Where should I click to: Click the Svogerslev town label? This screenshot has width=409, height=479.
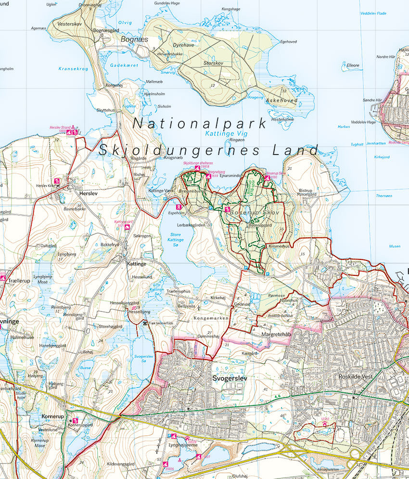point(230,378)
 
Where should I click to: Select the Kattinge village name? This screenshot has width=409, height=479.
point(136,264)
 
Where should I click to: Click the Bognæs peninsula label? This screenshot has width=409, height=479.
point(134,39)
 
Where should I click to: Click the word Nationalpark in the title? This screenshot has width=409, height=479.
point(199,123)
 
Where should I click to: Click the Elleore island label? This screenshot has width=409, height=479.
point(353,65)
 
